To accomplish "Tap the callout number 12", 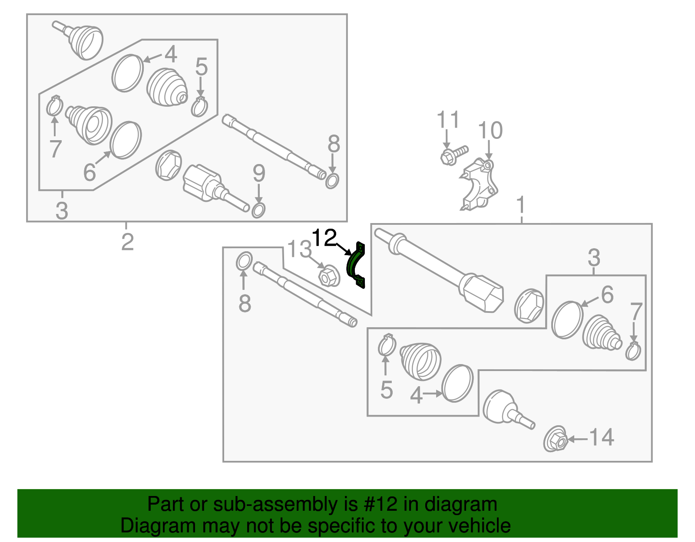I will click(x=324, y=238).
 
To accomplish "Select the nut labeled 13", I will click(x=329, y=276).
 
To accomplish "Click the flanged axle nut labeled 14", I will click(x=556, y=440).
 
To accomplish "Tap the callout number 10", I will click(x=490, y=131).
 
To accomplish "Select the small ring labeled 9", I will click(x=258, y=210).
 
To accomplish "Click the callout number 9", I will click(x=259, y=174).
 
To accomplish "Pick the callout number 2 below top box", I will click(x=127, y=242).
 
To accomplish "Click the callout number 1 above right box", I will click(x=521, y=205).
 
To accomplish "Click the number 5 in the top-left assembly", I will click(x=201, y=67).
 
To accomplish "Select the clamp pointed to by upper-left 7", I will click(x=54, y=106).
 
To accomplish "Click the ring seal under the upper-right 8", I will click(x=332, y=180).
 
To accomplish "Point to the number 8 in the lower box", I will click(x=245, y=303).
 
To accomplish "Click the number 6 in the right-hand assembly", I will click(x=607, y=295).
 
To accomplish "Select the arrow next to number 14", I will click(x=577, y=439).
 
